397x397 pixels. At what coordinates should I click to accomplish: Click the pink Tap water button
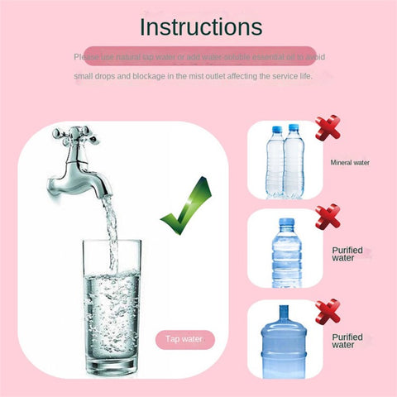pos(184,339)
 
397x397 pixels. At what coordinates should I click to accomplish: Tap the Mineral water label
pos(349,163)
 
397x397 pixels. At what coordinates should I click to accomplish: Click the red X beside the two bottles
pos(328,131)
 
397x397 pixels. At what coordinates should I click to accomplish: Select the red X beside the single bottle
pos(328,218)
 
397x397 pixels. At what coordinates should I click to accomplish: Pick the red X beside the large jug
pos(328,311)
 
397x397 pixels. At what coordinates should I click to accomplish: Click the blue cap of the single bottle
pos(285,221)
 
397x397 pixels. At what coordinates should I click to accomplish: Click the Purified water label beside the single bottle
pos(347,253)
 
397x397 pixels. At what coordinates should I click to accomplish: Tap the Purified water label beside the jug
pos(347,341)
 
